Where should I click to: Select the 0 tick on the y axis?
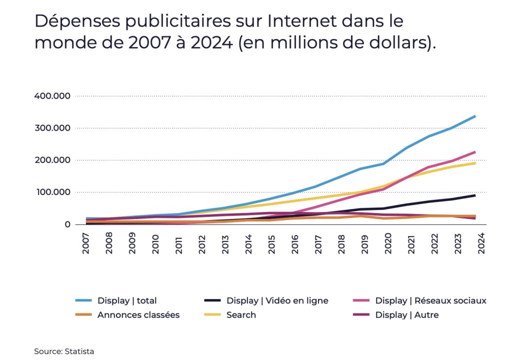coord(67,224)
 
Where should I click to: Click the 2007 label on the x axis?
coord(86,242)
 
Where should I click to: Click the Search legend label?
coord(241,315)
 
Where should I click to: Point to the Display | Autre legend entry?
coord(406,315)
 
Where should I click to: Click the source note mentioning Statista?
coord(64,351)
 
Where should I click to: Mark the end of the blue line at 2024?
coord(474,116)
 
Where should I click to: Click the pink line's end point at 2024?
coord(474,152)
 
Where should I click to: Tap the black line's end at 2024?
coord(474,195)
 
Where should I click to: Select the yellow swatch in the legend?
coord(212,315)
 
